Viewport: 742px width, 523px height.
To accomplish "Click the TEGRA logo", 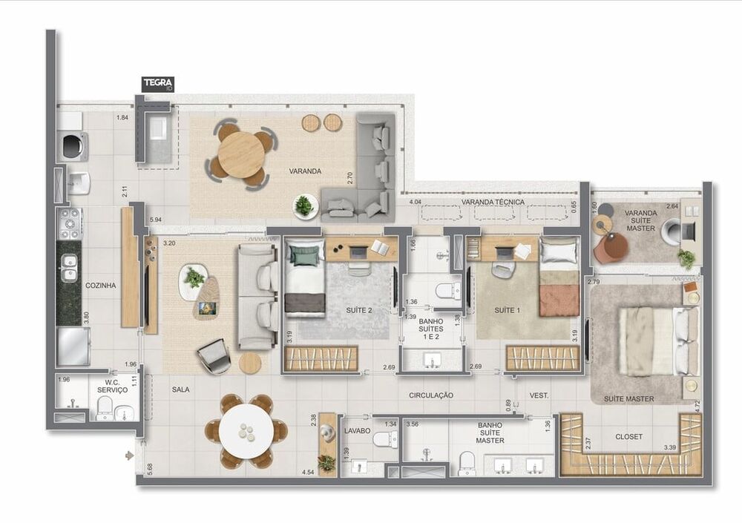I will coord(158,84).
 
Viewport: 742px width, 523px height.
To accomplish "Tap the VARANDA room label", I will coord(306,171).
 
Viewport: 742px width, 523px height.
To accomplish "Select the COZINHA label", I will coord(101,284).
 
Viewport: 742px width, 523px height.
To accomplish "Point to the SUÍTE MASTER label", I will coord(629,399).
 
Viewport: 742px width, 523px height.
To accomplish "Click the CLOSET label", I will coord(628,437).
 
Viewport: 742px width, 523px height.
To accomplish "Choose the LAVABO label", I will coord(358,430).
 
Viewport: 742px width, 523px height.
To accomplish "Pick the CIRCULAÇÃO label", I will coord(431,395).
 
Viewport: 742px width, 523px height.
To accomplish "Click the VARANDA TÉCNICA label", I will coord(493,203).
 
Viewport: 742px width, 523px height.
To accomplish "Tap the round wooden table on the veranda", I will coord(242,154).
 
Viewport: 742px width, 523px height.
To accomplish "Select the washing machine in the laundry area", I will coord(73,146).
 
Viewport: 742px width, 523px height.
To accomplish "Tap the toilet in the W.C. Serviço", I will coord(105,406).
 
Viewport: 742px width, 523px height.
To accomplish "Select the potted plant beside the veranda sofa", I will coord(304,205).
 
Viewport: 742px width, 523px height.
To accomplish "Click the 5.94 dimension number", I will coord(156,220).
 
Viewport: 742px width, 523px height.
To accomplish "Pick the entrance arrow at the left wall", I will coord(130,455).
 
